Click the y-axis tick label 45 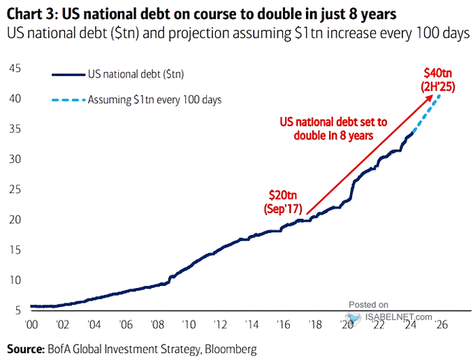pyautogui.click(x=15, y=69)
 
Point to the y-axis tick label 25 pyautogui.click(x=15, y=189)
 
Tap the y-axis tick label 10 pyautogui.click(x=15, y=280)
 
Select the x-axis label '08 pyautogui.click(x=157, y=324)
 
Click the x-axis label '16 pyautogui.click(x=283, y=324)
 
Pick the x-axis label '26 pyautogui.click(x=441, y=324)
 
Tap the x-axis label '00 pyautogui.click(x=31, y=324)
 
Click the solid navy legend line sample pyautogui.click(x=68, y=75)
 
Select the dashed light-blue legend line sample pyautogui.click(x=68, y=100)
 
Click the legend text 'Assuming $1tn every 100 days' pyautogui.click(x=154, y=100)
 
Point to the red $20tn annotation pyautogui.click(x=283, y=195)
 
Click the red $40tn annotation pyautogui.click(x=438, y=73)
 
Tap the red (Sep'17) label pyautogui.click(x=283, y=209)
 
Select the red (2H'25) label pyautogui.click(x=438, y=87)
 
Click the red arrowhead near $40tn pyautogui.click(x=430, y=98)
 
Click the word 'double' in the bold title pyautogui.click(x=295, y=14)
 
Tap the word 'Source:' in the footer pyautogui.click(x=25, y=349)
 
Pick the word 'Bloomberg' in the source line pyautogui.click(x=231, y=349)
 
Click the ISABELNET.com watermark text pyautogui.click(x=398, y=317)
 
